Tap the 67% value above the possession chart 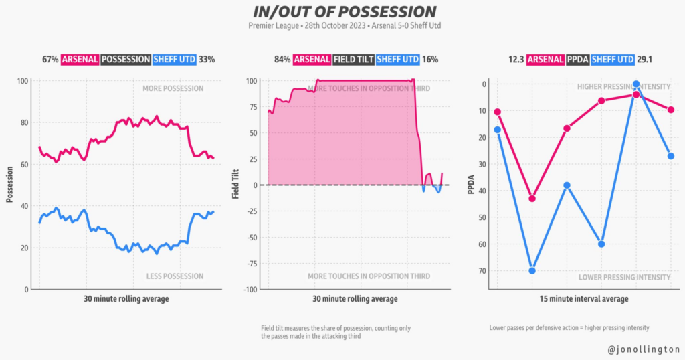[x=50, y=59]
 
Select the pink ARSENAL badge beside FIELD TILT [x=312, y=59]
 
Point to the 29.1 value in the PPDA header [x=646, y=59]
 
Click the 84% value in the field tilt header [x=282, y=59]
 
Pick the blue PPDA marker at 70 [x=532, y=270]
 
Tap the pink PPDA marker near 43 [x=532, y=198]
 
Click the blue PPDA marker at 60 [x=601, y=244]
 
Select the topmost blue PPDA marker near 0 [x=636, y=84]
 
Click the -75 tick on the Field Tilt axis [x=252, y=264]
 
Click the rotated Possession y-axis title [x=9, y=185]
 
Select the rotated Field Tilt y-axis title [x=235, y=185]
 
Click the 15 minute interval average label [x=585, y=299]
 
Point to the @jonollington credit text [x=644, y=349]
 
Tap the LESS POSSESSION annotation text [x=175, y=276]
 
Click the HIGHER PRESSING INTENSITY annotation [x=623, y=87]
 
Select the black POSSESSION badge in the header [x=126, y=59]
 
